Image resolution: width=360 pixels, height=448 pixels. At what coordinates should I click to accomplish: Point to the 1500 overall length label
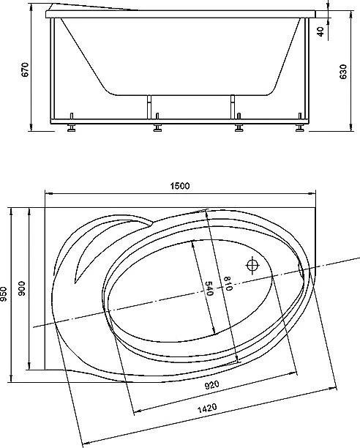(181, 186)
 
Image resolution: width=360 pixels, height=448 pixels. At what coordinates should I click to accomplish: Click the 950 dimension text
(7, 293)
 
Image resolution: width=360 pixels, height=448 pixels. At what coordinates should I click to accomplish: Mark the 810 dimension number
(228, 285)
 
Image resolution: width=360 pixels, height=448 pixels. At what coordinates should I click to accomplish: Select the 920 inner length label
(212, 384)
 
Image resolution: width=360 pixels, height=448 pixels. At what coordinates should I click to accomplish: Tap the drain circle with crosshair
(253, 265)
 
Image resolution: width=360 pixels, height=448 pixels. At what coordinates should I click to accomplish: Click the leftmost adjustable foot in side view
(72, 127)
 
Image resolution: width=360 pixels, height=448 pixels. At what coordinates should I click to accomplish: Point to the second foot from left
(157, 127)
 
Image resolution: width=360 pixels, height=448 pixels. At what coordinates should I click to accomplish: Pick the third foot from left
(239, 127)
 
